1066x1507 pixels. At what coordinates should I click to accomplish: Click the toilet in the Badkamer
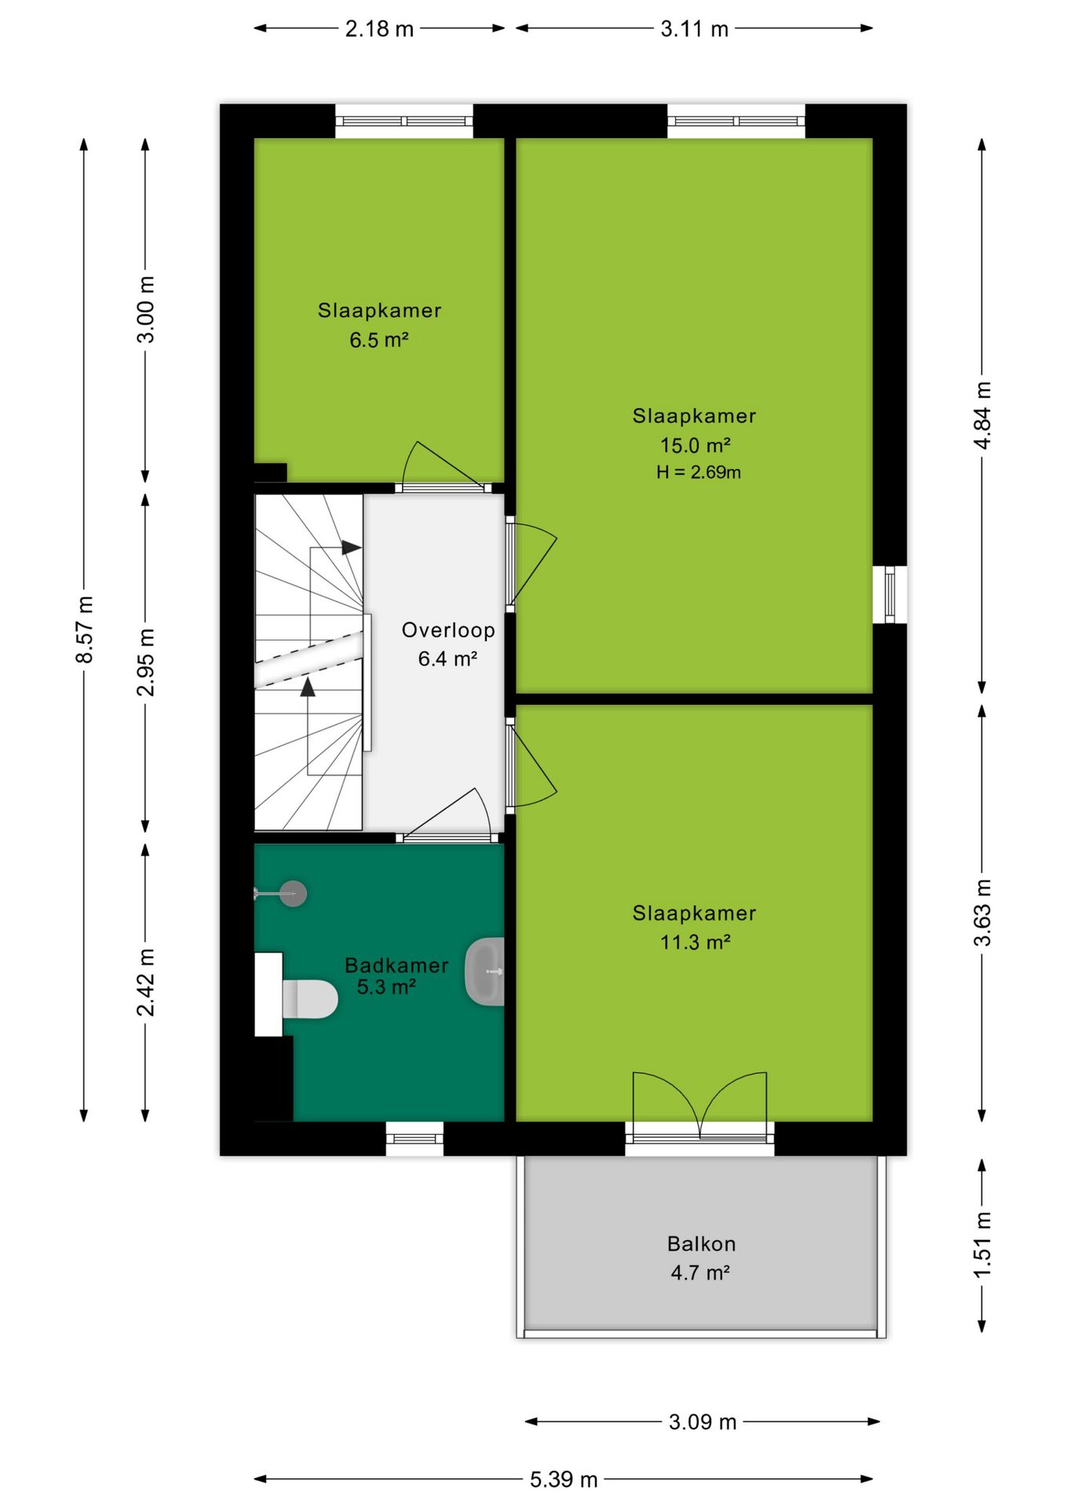tap(309, 998)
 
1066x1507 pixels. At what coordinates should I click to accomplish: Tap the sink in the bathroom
tap(485, 972)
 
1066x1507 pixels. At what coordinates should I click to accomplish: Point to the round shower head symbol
tap(294, 893)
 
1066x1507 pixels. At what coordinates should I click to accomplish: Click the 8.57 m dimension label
tap(84, 629)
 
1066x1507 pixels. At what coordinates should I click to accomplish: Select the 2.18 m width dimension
tap(379, 29)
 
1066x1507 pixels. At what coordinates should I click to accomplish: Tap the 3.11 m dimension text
tap(694, 29)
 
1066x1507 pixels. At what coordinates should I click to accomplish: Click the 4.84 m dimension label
tap(982, 415)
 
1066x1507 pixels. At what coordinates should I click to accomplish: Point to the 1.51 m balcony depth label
tap(982, 1245)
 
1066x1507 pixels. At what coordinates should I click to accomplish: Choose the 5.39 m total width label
tap(564, 1480)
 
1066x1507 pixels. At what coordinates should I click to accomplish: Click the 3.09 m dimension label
tap(703, 1421)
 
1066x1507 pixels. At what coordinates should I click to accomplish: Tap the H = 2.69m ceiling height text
tap(699, 472)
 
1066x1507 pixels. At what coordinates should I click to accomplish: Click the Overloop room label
tap(448, 629)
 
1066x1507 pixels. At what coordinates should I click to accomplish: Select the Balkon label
tap(702, 1243)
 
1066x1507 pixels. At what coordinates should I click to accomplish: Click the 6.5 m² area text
tap(379, 340)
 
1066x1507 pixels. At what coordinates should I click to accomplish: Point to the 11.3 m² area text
tap(695, 942)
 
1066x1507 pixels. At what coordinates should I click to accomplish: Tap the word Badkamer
tap(396, 965)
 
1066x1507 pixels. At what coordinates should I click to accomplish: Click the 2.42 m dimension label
tap(146, 982)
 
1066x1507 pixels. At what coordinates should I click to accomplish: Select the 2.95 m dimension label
tap(146, 662)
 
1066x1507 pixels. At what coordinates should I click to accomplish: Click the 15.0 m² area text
tap(695, 445)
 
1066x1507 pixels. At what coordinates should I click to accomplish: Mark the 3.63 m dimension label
tap(982, 913)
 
